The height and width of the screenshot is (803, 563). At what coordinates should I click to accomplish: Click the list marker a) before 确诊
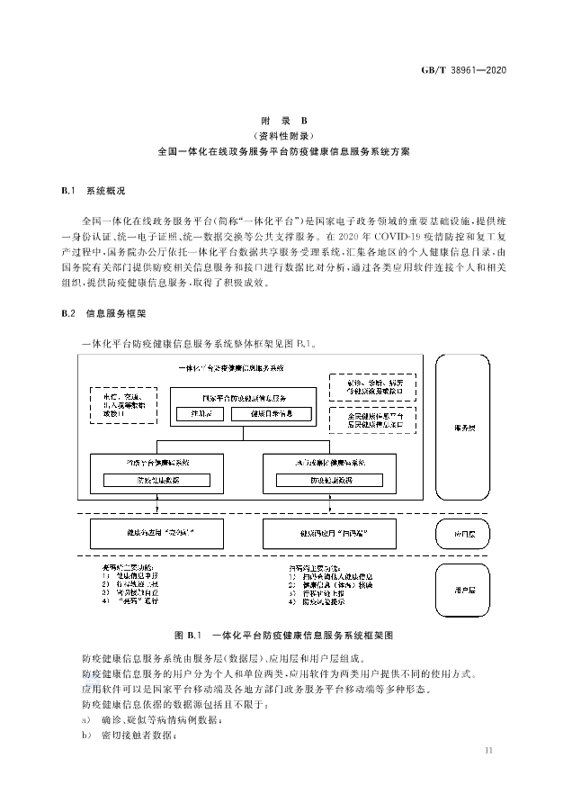(85, 720)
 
